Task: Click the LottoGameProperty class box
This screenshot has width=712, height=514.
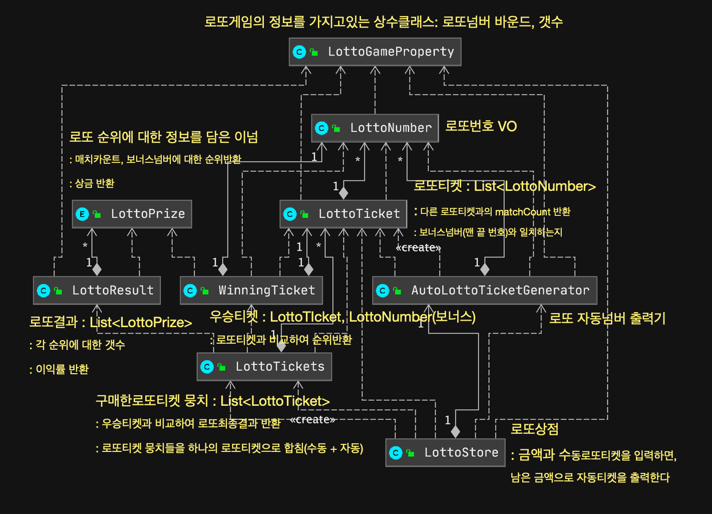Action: pos(375,52)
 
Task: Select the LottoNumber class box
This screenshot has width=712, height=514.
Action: pos(375,128)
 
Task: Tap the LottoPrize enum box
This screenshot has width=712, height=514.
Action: pos(132,214)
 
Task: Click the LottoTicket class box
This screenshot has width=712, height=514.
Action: pos(343,214)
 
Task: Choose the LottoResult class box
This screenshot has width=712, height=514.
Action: pos(97,290)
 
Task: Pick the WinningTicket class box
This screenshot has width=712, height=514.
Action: pos(251,290)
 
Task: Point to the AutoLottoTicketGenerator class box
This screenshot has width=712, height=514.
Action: pos(484,290)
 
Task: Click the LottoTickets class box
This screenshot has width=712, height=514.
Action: pos(264,367)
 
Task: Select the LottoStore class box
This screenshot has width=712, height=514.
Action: pos(445,452)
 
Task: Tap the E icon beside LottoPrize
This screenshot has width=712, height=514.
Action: pos(82,214)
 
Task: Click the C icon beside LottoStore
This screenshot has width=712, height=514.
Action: pos(396,453)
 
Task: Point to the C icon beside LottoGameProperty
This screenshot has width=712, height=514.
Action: pos(299,52)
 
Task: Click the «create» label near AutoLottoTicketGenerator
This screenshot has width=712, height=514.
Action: pos(418,247)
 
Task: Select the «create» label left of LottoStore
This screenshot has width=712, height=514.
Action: pos(312,419)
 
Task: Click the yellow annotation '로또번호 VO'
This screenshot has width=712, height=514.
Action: pos(481,126)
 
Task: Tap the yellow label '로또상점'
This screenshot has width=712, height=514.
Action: pos(534,429)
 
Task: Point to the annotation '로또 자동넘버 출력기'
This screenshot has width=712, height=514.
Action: pos(607,319)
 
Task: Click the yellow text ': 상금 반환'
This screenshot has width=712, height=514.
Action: pos(92,183)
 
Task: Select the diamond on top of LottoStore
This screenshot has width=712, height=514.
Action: pos(455,431)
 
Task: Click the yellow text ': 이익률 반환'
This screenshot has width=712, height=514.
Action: pos(59,369)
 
